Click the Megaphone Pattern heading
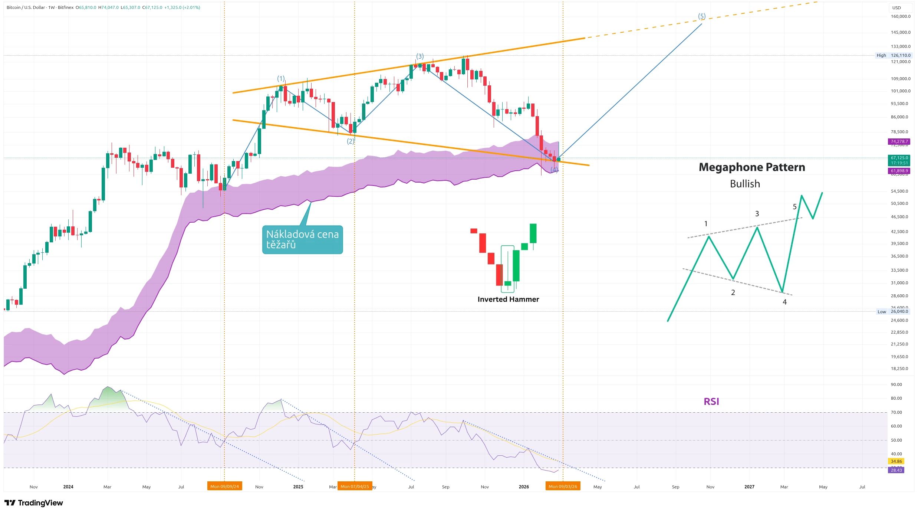(751, 167)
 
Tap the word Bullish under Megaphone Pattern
(745, 184)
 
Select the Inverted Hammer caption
(508, 299)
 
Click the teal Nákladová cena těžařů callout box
(302, 239)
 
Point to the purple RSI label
(711, 401)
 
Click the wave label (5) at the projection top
(701, 16)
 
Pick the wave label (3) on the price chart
(419, 56)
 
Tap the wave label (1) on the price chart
(281, 79)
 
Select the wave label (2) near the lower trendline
(351, 141)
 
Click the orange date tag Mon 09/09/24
(224, 486)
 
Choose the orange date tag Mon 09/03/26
(563, 486)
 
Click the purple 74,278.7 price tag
(899, 141)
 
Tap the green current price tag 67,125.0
(899, 158)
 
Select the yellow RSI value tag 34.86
(896, 461)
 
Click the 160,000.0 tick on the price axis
(900, 16)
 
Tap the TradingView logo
(34, 503)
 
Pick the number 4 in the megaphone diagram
(784, 302)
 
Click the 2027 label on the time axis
(749, 487)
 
